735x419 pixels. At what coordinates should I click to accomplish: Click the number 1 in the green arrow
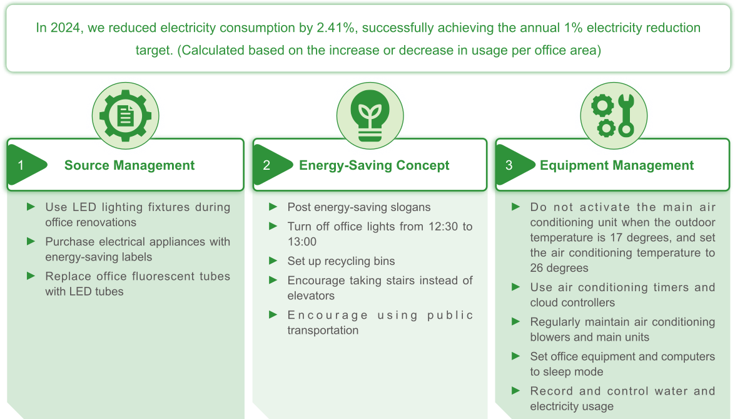pyautogui.click(x=21, y=165)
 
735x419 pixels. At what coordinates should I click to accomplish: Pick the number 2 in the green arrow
pyautogui.click(x=266, y=165)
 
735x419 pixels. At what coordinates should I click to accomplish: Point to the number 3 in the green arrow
pyautogui.click(x=509, y=165)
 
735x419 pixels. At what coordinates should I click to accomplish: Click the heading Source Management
pyautogui.click(x=129, y=165)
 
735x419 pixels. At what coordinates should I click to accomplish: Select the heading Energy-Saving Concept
pyautogui.click(x=374, y=165)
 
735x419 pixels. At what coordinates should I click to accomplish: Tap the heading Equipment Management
pyautogui.click(x=617, y=165)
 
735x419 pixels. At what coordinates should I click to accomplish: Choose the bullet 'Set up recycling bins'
pyautogui.click(x=341, y=261)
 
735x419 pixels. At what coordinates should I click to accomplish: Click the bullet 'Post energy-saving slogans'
pyautogui.click(x=359, y=207)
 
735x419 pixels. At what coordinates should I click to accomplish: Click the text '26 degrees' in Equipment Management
pyautogui.click(x=559, y=268)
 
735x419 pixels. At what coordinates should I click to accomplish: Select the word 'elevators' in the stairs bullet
pyautogui.click(x=311, y=296)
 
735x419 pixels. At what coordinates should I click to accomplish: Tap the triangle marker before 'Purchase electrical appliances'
pyautogui.click(x=31, y=241)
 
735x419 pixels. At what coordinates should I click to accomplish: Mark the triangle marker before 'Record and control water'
pyautogui.click(x=516, y=390)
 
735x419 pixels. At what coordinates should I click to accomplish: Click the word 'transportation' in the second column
pyautogui.click(x=323, y=330)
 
